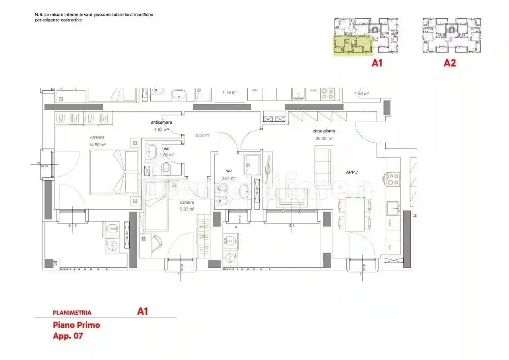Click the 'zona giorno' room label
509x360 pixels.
pos(324,131)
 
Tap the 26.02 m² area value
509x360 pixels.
pos(324,138)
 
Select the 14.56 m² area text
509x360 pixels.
pos(97,145)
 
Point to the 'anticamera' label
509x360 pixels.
pos(161,122)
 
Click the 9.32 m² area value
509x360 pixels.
pos(187,209)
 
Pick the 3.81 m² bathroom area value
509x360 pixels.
pos(229,178)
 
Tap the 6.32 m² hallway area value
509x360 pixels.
pos(202,135)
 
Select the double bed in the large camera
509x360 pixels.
pos(114,172)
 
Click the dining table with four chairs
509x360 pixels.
pos(355,214)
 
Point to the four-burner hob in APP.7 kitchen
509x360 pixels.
pos(392,179)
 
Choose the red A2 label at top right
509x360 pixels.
pos(450,63)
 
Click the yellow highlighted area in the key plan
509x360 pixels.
pos(352,45)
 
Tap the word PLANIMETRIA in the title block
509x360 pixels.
pos(72,313)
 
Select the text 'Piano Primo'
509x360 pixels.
pos(76,325)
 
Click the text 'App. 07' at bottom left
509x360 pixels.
pos(68,336)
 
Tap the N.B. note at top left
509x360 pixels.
pos(94,17)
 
